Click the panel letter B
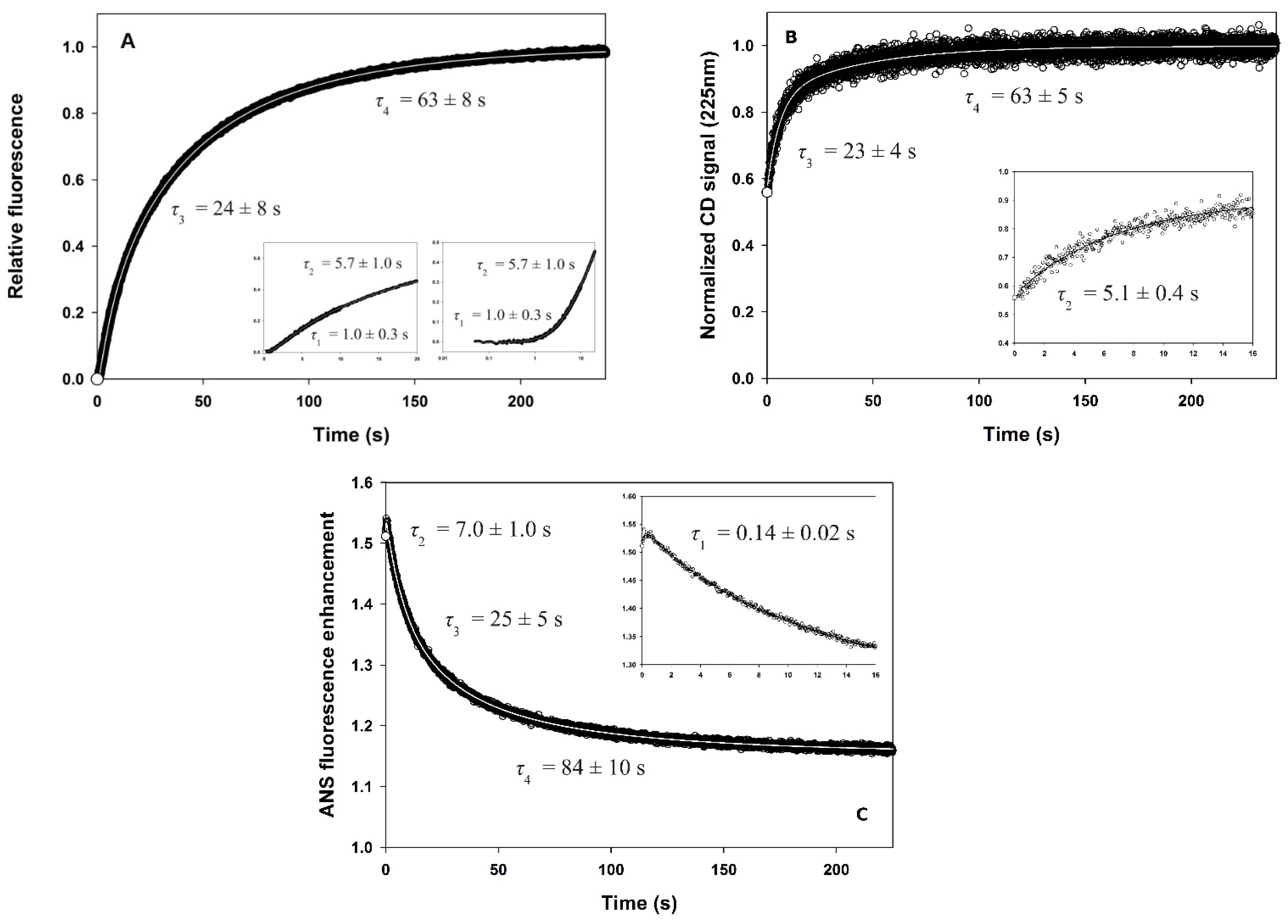(x=790, y=37)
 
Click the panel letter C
(x=861, y=814)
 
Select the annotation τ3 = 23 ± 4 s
(x=857, y=153)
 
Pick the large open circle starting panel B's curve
(x=767, y=192)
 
